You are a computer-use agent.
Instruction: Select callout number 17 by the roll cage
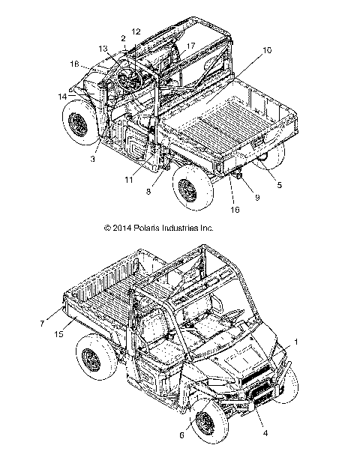190,46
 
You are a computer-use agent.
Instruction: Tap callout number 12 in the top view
136,31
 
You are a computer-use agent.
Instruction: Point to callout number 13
103,48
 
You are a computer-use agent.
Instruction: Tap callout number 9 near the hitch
238,198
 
